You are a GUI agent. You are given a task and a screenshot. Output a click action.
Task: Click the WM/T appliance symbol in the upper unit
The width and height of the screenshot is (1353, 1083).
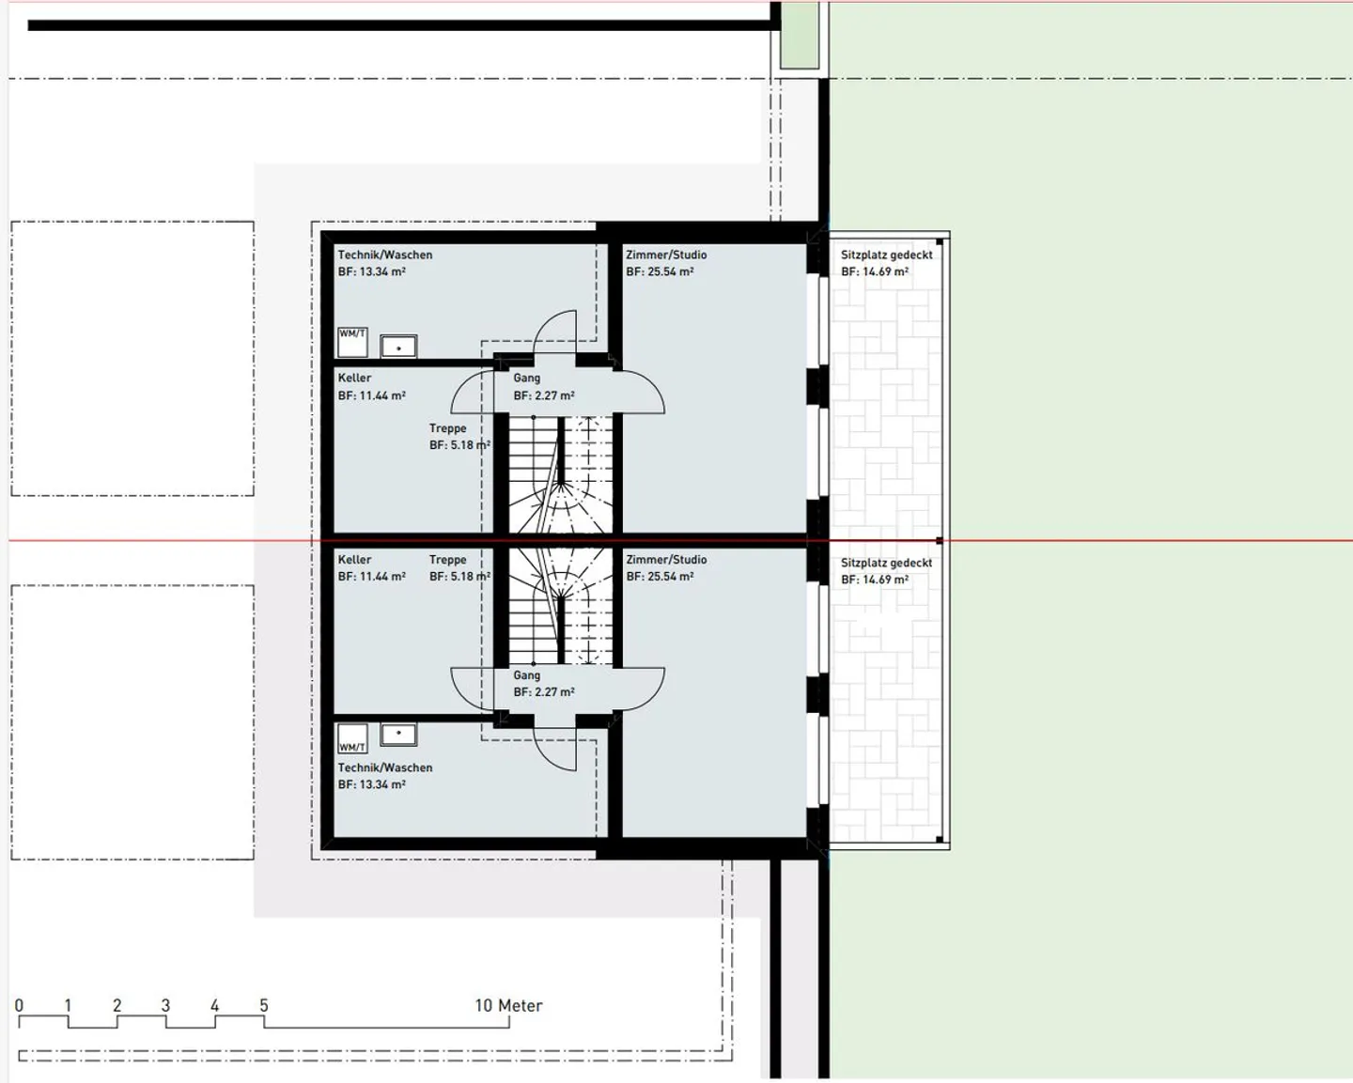[x=352, y=342]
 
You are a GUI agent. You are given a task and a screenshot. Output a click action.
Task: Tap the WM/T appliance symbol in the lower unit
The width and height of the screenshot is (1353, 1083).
[x=352, y=738]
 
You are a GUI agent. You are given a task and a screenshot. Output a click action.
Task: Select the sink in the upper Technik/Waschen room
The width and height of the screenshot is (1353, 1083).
[x=398, y=347]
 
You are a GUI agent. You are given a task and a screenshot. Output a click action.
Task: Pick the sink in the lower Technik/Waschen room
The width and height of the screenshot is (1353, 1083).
[x=398, y=734]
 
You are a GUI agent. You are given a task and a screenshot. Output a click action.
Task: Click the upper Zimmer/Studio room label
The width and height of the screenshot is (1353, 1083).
[x=666, y=255]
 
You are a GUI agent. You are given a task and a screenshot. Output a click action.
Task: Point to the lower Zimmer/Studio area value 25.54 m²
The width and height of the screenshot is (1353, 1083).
[x=660, y=577]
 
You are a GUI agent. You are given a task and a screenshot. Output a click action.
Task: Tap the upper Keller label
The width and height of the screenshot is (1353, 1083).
[x=354, y=378]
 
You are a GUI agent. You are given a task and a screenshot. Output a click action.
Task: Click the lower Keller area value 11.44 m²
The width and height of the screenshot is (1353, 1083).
[x=371, y=577]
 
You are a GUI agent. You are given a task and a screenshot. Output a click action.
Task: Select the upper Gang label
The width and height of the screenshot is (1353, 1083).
[x=526, y=378]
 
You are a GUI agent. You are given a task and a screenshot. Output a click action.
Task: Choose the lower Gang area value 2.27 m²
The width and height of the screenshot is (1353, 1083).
[x=544, y=692]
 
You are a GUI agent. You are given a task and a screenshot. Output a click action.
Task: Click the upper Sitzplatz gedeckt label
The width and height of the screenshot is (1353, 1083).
[x=886, y=255]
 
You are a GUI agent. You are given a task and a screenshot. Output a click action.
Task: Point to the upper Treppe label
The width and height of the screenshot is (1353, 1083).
[x=447, y=428]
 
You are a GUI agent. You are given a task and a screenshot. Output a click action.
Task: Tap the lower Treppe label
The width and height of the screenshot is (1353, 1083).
[x=447, y=560]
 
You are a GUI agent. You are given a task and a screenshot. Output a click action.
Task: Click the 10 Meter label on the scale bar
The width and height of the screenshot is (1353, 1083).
[x=508, y=1006]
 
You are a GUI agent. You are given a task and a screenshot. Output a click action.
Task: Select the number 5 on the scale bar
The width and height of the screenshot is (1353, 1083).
[x=264, y=1006]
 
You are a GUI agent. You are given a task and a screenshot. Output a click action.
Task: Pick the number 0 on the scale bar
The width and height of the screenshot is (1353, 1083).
[x=19, y=1006]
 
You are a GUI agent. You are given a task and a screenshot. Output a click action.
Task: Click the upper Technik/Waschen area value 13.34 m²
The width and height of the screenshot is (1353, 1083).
[x=371, y=271]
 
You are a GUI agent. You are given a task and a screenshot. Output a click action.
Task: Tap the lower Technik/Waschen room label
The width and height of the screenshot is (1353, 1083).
[x=385, y=767]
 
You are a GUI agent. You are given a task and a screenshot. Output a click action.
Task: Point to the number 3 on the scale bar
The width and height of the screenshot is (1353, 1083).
[x=165, y=1006]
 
